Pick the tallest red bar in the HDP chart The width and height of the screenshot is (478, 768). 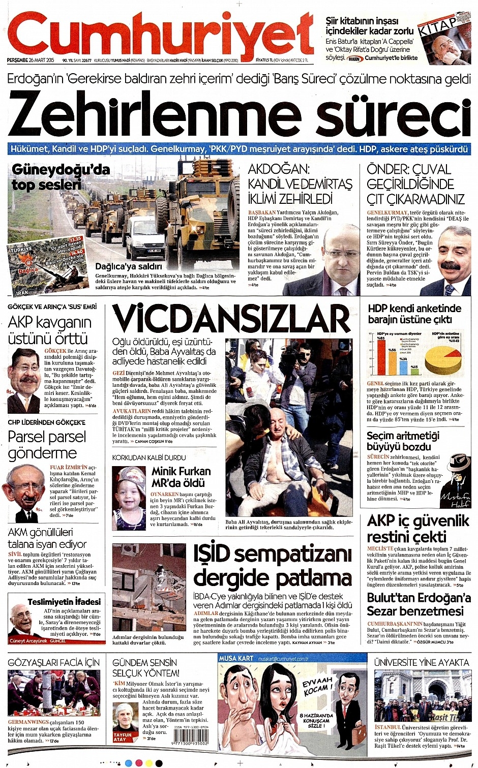(x=381, y=356)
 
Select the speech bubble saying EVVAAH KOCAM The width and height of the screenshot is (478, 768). (x=318, y=687)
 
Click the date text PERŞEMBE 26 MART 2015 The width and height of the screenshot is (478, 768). (x=31, y=60)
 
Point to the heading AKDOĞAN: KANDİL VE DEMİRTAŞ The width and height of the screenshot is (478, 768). (x=300, y=183)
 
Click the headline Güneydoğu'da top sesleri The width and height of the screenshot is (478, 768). (x=60, y=176)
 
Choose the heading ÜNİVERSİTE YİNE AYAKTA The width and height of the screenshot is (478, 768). (x=421, y=662)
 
